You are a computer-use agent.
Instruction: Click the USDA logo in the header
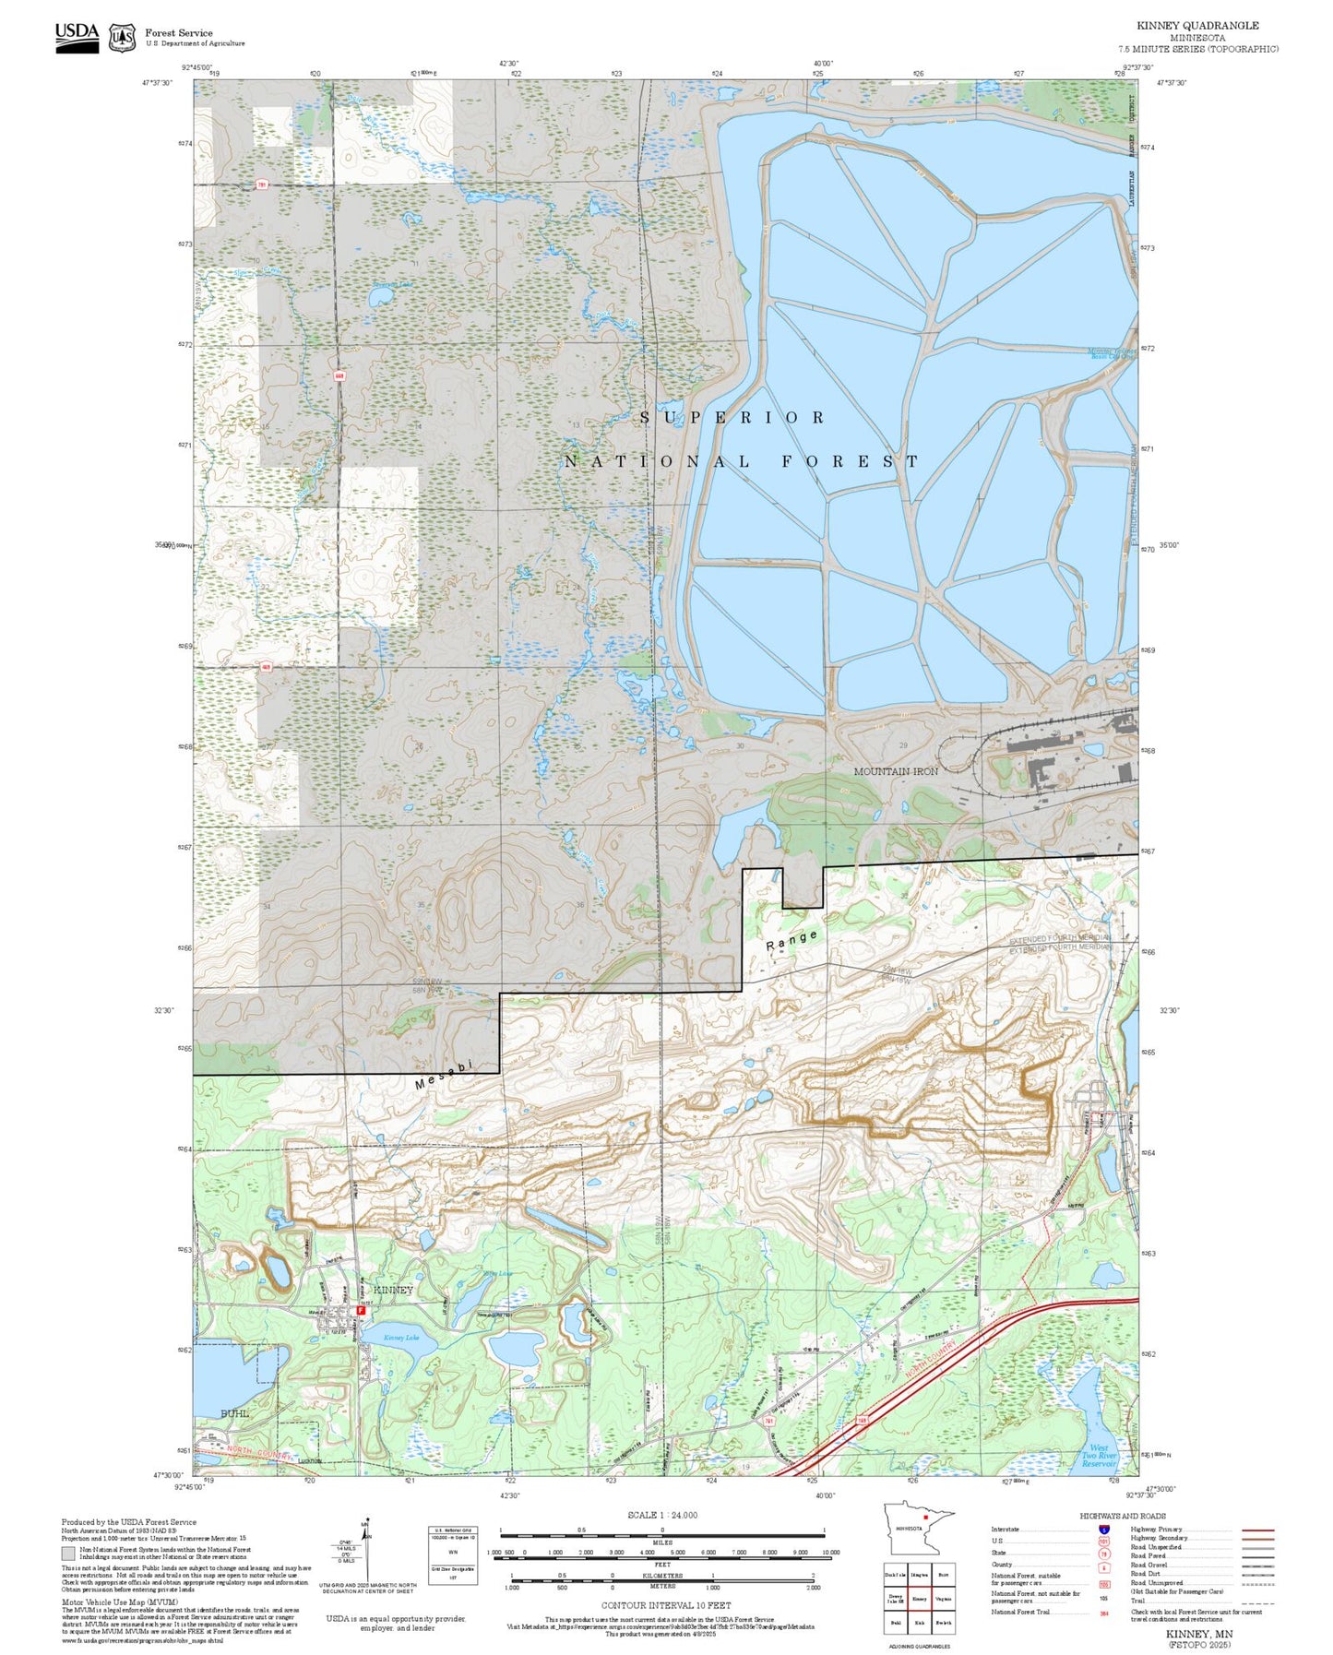[77, 37]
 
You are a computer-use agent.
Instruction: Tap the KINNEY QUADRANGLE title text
[1197, 26]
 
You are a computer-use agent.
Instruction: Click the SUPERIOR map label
[732, 418]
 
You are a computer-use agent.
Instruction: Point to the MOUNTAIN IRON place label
[895, 771]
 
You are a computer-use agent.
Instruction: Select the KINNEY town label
[393, 1290]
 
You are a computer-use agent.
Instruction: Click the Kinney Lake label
[400, 1338]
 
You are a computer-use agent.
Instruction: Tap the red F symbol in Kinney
[361, 1309]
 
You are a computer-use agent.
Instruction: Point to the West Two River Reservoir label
[1099, 1456]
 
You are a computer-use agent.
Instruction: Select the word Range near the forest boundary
[791, 941]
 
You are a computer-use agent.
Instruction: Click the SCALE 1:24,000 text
[662, 1515]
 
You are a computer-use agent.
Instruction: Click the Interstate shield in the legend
[1104, 1530]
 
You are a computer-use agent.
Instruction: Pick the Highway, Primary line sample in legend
[1258, 1530]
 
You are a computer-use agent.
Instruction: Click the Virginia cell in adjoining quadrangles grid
[943, 1600]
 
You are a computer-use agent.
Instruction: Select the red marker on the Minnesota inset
[924, 1517]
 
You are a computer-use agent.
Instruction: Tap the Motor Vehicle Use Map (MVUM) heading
[119, 1602]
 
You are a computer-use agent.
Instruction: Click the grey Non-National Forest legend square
[68, 1554]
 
